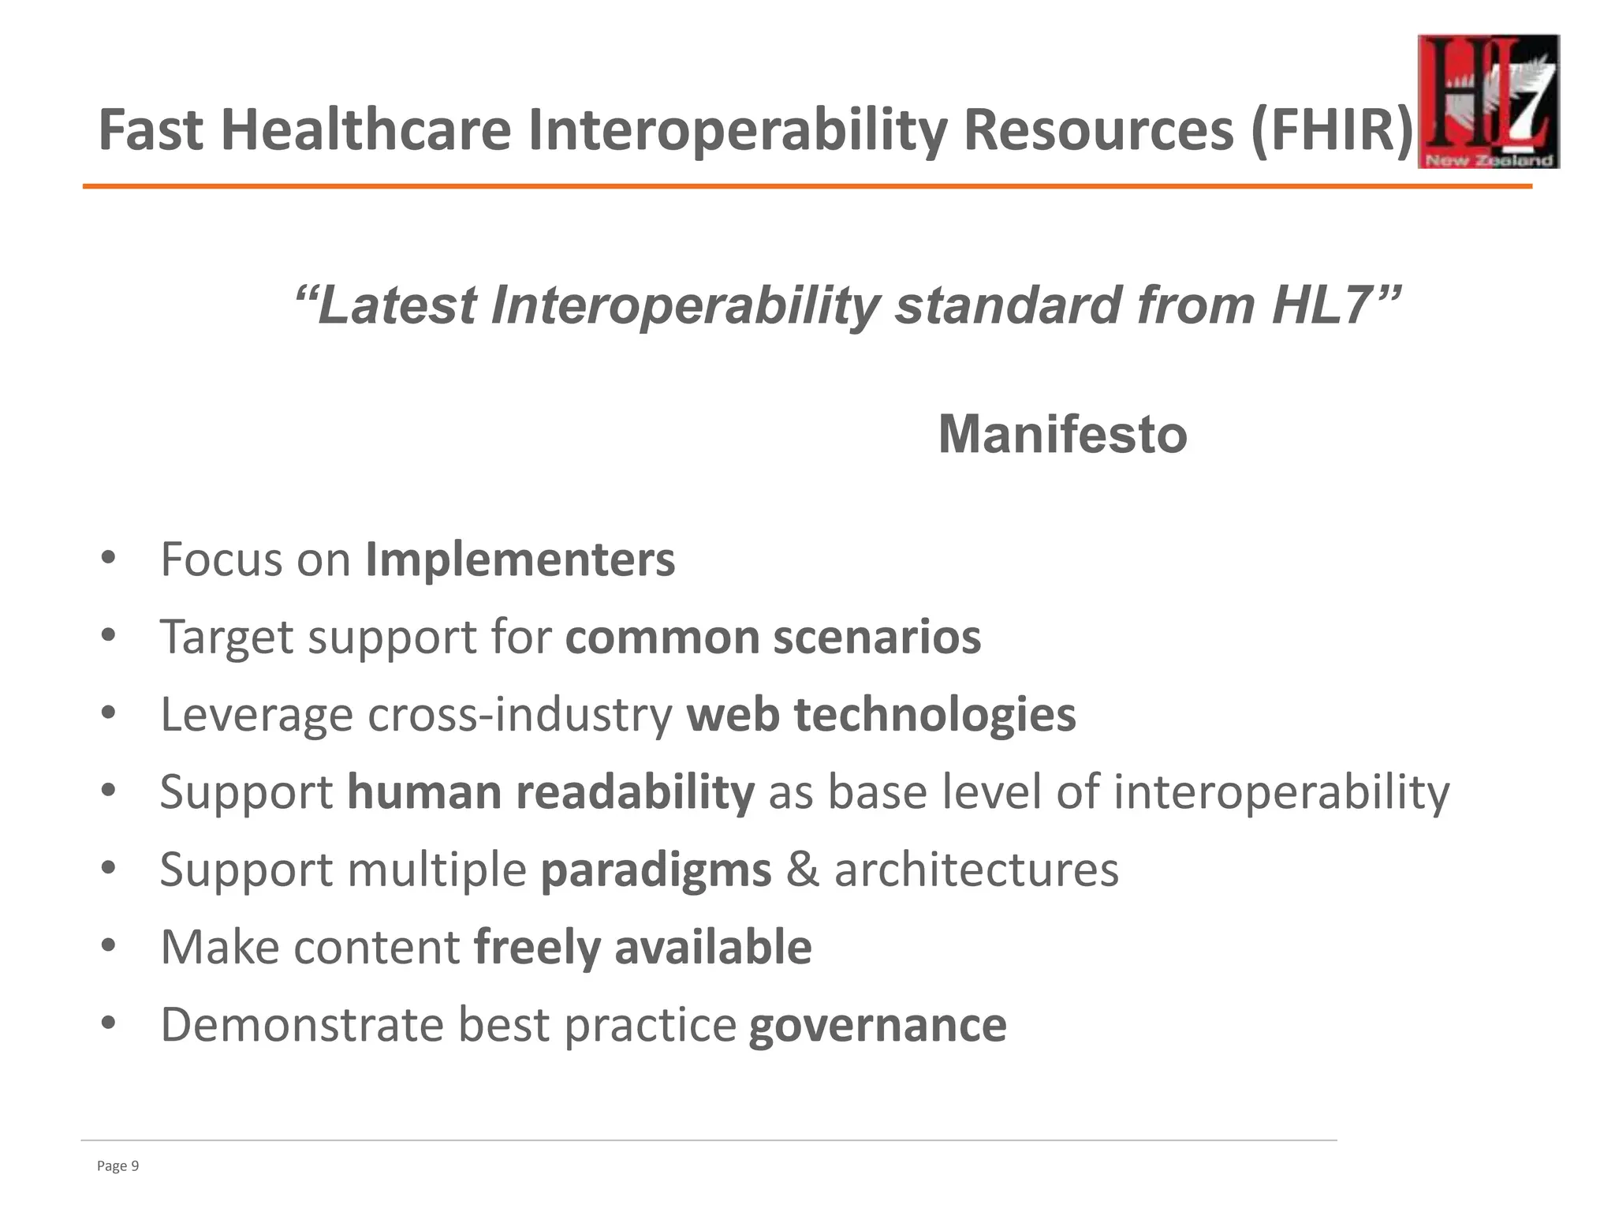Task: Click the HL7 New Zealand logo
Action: [1488, 102]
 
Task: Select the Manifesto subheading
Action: [1062, 435]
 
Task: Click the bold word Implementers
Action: [520, 559]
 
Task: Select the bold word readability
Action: [635, 791]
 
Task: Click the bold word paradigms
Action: [655, 870]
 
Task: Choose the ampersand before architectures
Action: [802, 870]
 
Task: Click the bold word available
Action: [713, 947]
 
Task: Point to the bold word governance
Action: [877, 1024]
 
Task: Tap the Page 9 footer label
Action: [117, 1166]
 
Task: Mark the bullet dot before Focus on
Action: [109, 558]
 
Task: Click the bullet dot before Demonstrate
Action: [109, 1023]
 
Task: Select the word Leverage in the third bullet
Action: [256, 716]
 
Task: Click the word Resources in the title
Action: [1098, 130]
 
